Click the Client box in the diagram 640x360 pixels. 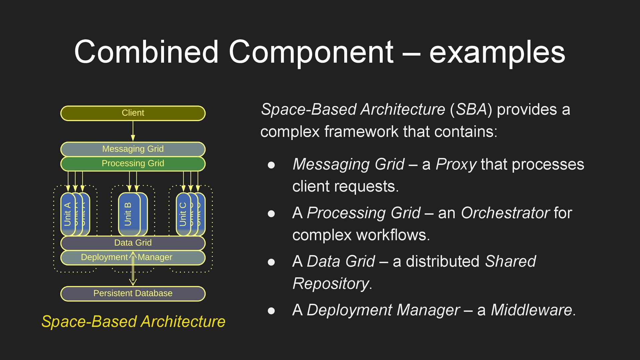point(133,113)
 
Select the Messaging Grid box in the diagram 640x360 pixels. point(133,149)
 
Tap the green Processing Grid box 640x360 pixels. point(133,164)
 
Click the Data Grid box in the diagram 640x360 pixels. point(133,243)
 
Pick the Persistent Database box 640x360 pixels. point(133,294)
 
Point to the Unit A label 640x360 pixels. point(67,214)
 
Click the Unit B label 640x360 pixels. point(128,214)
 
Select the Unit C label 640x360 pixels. point(183,214)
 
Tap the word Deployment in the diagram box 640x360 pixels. point(104,257)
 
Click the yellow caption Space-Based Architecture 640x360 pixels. point(133,322)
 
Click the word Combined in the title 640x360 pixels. point(146,52)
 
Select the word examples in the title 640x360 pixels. point(497,52)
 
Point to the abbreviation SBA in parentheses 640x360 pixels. point(471,110)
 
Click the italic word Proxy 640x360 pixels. point(456,165)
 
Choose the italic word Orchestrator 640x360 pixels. point(505,213)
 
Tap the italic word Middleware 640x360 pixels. point(531,310)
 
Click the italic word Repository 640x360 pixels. point(330,284)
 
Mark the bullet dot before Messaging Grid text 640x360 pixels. point(271,165)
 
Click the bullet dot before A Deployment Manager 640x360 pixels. point(271,311)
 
